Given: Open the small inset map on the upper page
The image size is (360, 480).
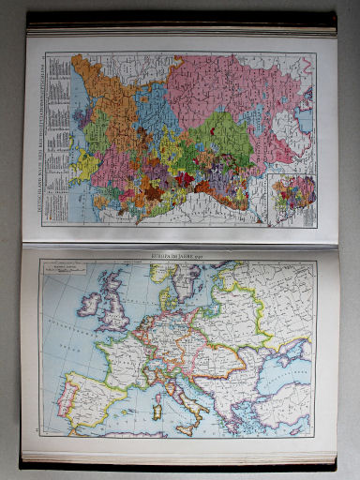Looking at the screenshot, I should click(x=291, y=198).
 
